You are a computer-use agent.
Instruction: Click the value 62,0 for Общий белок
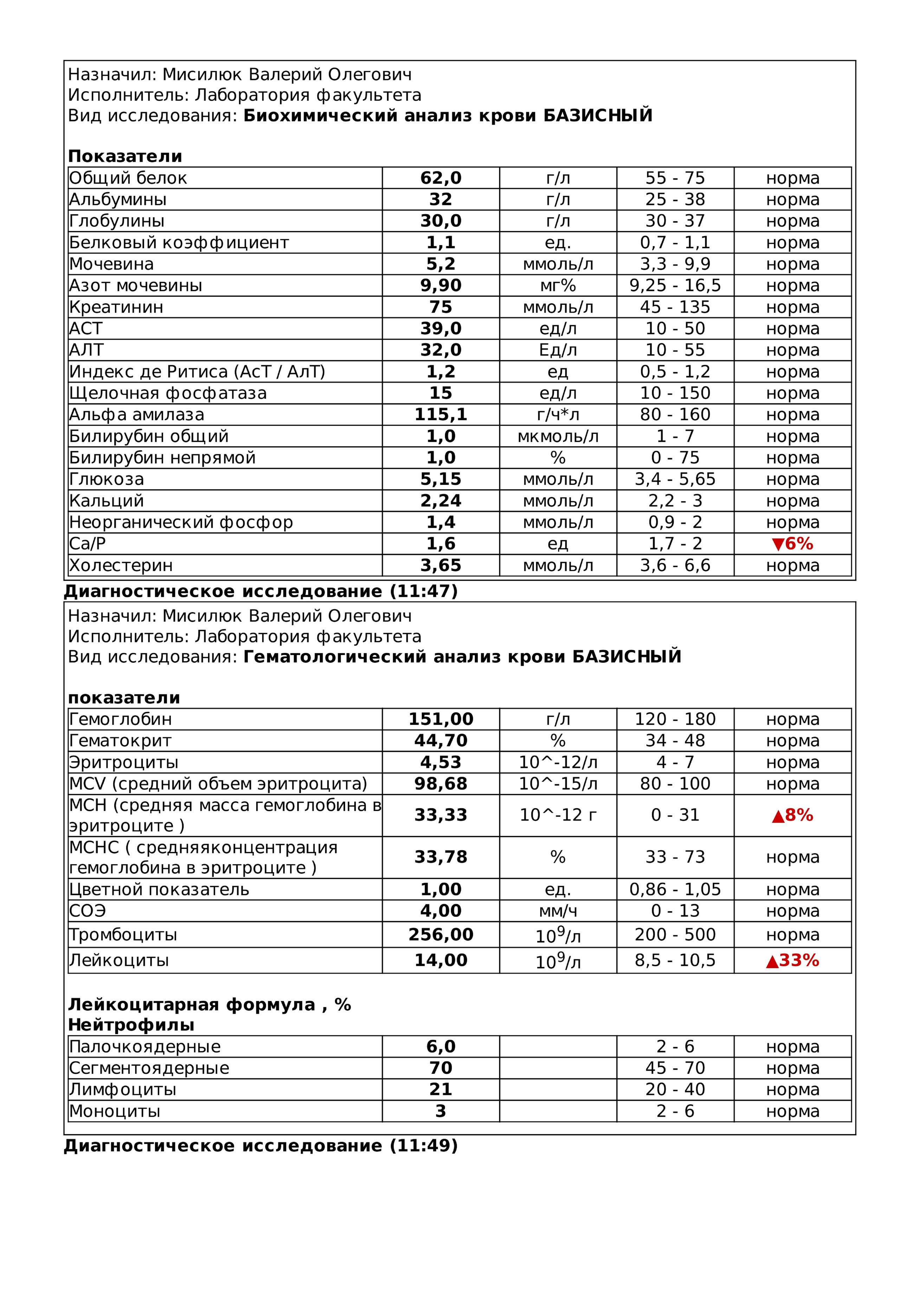441,178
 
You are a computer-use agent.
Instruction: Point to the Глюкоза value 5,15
441,479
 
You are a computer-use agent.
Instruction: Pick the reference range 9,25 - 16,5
675,285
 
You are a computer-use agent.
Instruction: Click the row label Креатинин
116,307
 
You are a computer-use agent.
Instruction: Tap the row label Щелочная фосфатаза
168,393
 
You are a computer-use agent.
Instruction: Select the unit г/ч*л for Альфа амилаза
557,414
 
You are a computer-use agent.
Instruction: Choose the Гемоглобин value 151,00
441,719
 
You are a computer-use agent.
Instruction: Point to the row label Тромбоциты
123,935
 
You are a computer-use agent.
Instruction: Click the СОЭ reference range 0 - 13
675,911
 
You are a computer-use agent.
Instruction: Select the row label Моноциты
115,1111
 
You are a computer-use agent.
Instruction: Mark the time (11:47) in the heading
424,591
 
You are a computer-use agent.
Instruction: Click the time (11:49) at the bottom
424,1145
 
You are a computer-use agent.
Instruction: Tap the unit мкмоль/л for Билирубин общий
557,436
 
